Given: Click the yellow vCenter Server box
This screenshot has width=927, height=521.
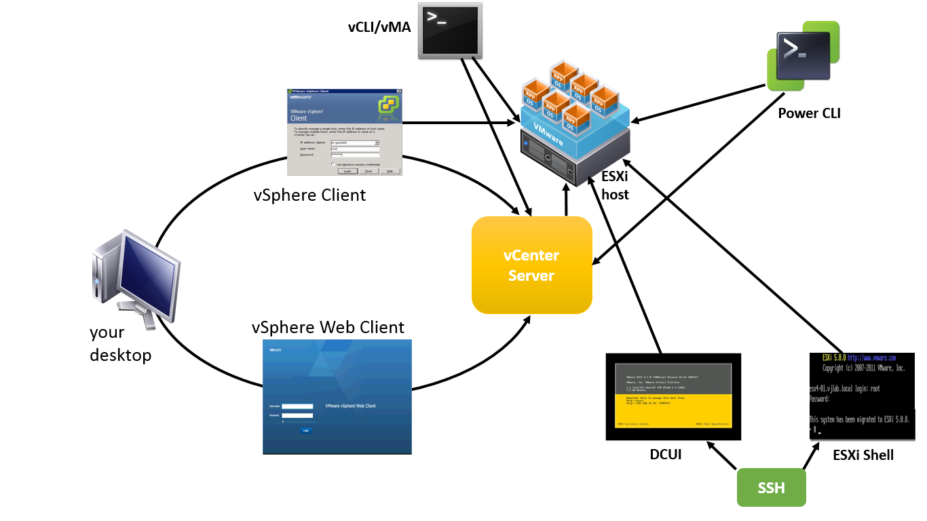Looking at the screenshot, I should tap(532, 265).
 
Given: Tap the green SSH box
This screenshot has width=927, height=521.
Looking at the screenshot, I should tap(771, 488).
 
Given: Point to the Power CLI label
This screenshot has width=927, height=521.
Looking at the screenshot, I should tap(809, 113).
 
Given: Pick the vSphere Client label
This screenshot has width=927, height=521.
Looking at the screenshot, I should tap(309, 195).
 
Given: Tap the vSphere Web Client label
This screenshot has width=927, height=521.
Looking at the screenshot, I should tap(328, 328).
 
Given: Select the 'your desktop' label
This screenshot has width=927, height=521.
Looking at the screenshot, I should tap(120, 343).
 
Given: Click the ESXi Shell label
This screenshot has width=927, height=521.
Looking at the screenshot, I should tap(863, 455).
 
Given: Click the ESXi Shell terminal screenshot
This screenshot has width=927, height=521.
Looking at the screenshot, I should tap(862, 397).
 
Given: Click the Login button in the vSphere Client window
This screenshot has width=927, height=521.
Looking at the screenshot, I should tap(347, 171).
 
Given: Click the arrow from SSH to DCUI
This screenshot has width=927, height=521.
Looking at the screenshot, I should tap(722, 456).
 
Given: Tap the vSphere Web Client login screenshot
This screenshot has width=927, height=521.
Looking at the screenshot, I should tap(337, 397).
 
